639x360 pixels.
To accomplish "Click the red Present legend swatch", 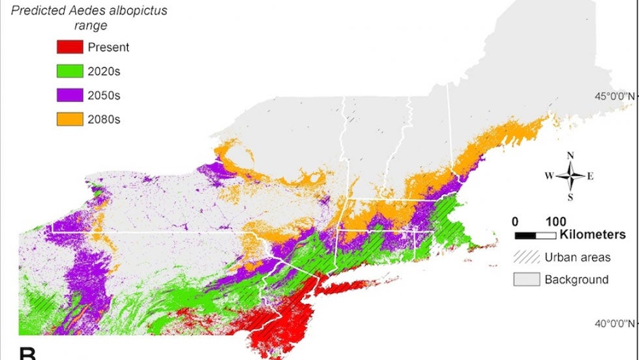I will pos(69,47).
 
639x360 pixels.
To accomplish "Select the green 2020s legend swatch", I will pos(69,71).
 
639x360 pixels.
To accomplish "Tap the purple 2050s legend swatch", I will pos(69,95).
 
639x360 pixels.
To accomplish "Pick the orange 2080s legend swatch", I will pos(69,119).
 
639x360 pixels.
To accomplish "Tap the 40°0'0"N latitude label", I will pos(612,323).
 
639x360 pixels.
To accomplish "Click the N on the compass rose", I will pos(571,155).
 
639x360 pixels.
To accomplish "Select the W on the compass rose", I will pos(550,176).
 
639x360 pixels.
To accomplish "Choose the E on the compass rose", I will pos(591,176).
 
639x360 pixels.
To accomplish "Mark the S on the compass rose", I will pos(571,197).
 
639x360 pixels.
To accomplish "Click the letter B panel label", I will pos(27,354).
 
